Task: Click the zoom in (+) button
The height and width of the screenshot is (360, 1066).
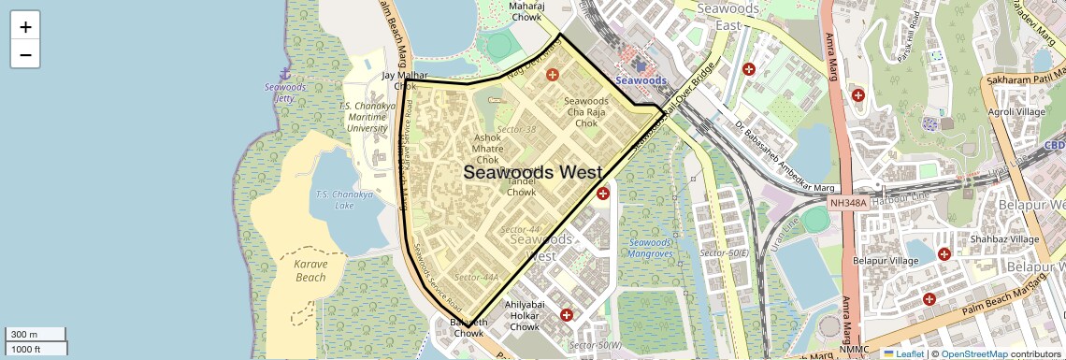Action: pyautogui.click(x=25, y=27)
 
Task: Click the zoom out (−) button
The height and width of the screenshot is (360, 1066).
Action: pyautogui.click(x=25, y=54)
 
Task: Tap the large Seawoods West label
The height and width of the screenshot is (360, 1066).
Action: pyautogui.click(x=532, y=172)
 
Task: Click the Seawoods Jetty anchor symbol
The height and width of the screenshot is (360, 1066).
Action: pyautogui.click(x=284, y=73)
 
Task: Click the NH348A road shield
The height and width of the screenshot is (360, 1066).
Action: pyautogui.click(x=847, y=202)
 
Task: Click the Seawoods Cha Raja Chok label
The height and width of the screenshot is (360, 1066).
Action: pyautogui.click(x=586, y=112)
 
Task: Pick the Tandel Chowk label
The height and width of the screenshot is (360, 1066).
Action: pyautogui.click(x=521, y=186)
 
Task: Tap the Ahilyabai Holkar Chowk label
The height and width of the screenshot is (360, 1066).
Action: pyautogui.click(x=525, y=316)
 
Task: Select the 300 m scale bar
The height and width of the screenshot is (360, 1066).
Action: pyautogui.click(x=34, y=335)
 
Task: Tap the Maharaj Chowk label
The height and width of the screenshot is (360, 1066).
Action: pyautogui.click(x=526, y=10)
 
